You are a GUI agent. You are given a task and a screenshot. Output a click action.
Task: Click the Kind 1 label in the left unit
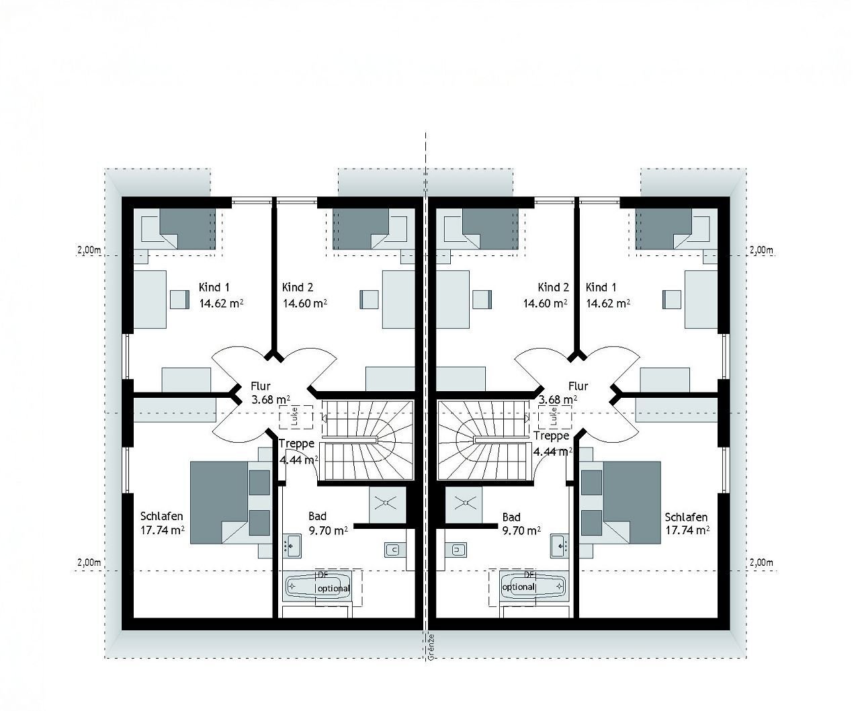(x=214, y=288)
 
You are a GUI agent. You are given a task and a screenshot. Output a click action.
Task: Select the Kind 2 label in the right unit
(x=554, y=288)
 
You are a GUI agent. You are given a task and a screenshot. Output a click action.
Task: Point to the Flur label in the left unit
(x=260, y=386)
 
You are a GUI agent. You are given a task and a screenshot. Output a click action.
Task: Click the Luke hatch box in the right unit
(x=555, y=417)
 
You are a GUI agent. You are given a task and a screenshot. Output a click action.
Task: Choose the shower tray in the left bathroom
(x=388, y=501)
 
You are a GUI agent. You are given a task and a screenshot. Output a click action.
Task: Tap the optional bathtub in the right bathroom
(x=528, y=586)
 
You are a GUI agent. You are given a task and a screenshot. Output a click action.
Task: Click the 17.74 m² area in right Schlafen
(x=687, y=530)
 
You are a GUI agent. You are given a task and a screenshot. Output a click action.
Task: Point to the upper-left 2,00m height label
(x=89, y=250)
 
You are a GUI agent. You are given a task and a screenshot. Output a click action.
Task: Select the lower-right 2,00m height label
(x=761, y=562)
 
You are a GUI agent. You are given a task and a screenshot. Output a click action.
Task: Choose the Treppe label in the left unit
(x=296, y=444)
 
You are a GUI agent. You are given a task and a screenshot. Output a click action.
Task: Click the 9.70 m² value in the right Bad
(x=522, y=530)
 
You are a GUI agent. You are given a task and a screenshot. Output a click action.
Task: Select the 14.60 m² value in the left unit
(x=305, y=303)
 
